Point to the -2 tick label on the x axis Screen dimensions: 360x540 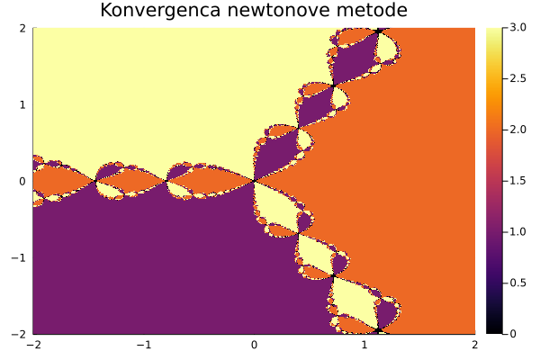(x=33, y=345)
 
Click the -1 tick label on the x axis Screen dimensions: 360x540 (x=144, y=345)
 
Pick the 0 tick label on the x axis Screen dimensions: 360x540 (x=254, y=345)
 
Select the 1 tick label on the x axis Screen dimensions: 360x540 (x=364, y=345)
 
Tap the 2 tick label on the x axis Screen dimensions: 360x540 (x=474, y=345)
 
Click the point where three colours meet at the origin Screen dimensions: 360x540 (x=254, y=181)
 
